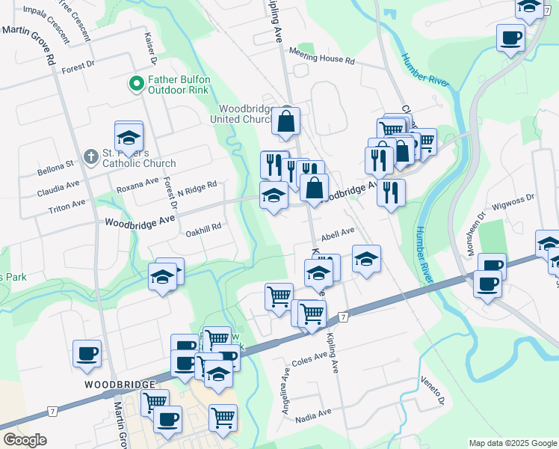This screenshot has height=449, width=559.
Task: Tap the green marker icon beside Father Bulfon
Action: coord(137,84)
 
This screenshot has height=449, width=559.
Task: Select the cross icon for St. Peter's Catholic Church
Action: coord(90,157)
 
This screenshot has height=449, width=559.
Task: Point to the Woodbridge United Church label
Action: coord(250,114)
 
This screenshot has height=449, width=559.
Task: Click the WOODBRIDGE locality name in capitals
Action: coord(120,384)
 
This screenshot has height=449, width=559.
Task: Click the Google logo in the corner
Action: coord(25,440)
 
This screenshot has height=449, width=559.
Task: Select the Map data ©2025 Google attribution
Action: coord(513,443)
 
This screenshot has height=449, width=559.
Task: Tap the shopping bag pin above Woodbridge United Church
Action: coord(285,121)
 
